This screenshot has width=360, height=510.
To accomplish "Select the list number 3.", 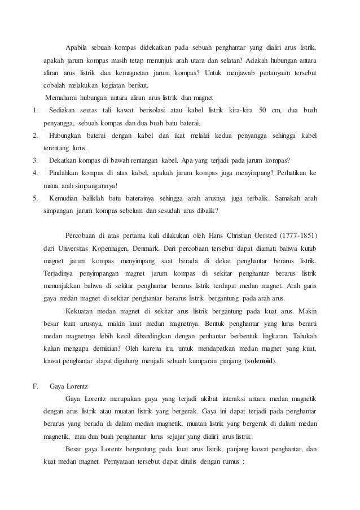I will click(36, 160).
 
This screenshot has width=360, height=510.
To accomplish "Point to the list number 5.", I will click(36, 198).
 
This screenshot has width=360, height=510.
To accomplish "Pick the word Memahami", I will click(62, 97).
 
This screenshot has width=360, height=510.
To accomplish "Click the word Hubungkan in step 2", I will click(68, 136).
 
